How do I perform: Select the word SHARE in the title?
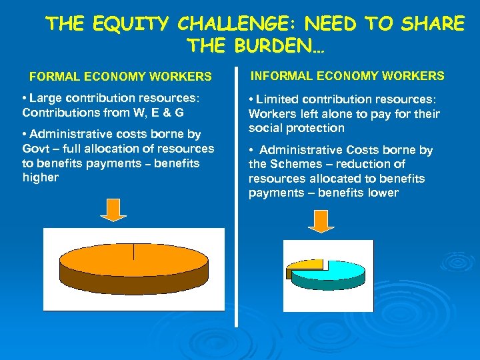pyautogui.click(x=433, y=25)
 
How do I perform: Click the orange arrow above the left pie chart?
pyautogui.click(x=114, y=209)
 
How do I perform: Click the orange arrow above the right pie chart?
pyautogui.click(x=323, y=221)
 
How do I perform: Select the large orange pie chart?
pyautogui.click(x=133, y=263)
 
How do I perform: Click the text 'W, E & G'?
pyautogui.click(x=160, y=113)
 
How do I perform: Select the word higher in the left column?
pyautogui.click(x=41, y=177)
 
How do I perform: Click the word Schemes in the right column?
pyautogui.click(x=291, y=164)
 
